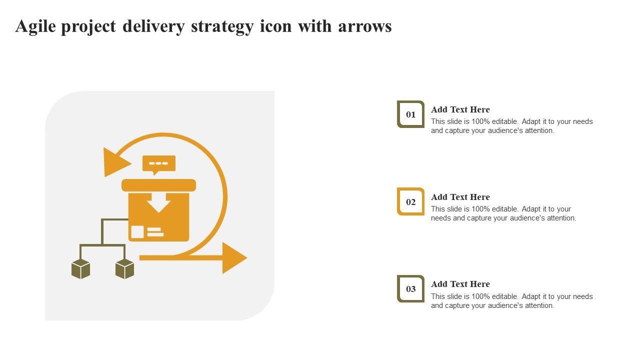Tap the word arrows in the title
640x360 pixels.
pyautogui.click(x=364, y=26)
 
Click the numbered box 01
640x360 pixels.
pyautogui.click(x=410, y=114)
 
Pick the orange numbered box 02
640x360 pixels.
pyautogui.click(x=410, y=202)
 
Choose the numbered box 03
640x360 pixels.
pyautogui.click(x=410, y=289)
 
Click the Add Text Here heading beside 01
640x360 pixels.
pyautogui.click(x=460, y=109)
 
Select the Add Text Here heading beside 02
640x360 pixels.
pyautogui.click(x=460, y=197)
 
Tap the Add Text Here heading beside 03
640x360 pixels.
pyautogui.click(x=460, y=284)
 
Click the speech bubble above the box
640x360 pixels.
pyautogui.click(x=159, y=163)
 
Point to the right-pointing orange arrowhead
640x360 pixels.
pyautogui.click(x=234, y=258)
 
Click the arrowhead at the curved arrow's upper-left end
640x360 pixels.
pyautogui.click(x=114, y=162)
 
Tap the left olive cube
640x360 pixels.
pyautogui.click(x=80, y=269)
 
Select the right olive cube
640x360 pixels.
pyautogui.click(x=124, y=269)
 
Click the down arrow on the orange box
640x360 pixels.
pyautogui.click(x=158, y=203)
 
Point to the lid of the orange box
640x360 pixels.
pyautogui.click(x=158, y=185)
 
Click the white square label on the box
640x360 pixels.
pyautogui.click(x=137, y=231)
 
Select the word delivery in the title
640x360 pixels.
pyautogui.click(x=153, y=26)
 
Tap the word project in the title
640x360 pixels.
pyautogui.click(x=89, y=26)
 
